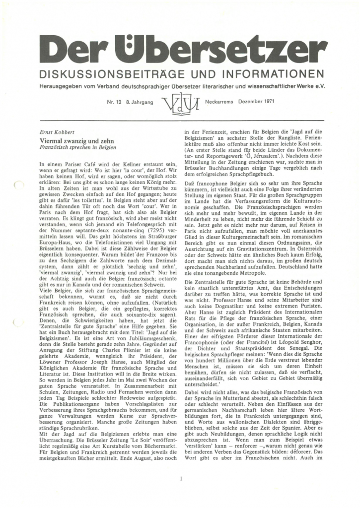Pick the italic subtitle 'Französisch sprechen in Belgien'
(77, 148)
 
